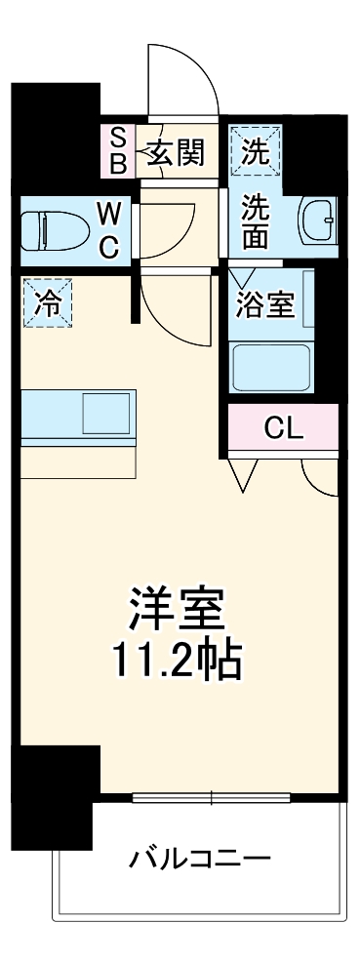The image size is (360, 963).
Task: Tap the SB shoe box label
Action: point(117,150)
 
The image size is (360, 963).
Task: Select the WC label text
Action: point(108,229)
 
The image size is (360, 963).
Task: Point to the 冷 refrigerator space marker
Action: point(47,303)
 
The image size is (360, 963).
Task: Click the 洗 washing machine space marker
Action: point(255,151)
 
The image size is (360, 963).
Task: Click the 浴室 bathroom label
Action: point(264,304)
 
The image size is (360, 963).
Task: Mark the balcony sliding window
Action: point(211,797)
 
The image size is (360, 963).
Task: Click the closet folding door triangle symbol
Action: point(244,472)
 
